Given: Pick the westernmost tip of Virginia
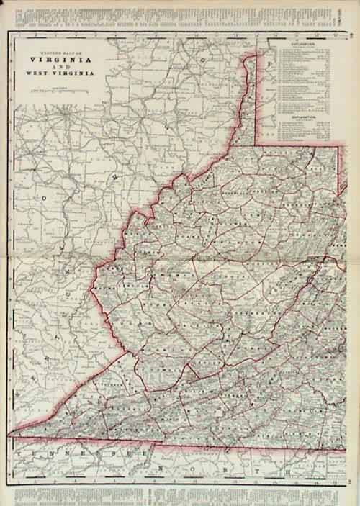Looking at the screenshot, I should [x=10, y=435].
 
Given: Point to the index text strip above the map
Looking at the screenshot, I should [x=180, y=13].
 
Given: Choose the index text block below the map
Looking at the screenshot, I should [x=180, y=493].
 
